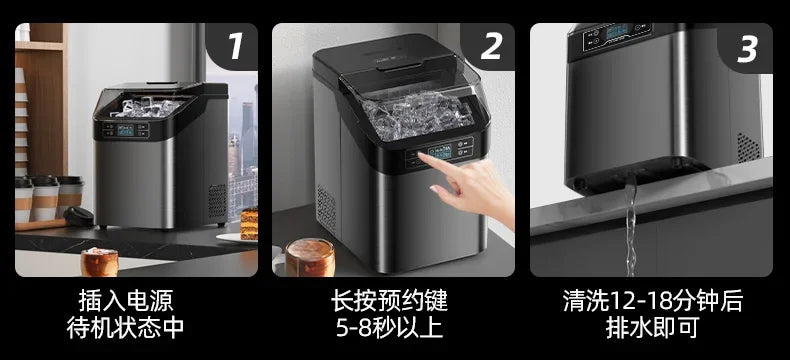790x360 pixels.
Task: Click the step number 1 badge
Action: point(235,46)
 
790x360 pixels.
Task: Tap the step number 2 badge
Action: point(491,46)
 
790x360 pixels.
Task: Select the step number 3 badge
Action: point(747,46)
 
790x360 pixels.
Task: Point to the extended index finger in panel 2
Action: point(441,159)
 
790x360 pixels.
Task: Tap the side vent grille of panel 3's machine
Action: point(747,147)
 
